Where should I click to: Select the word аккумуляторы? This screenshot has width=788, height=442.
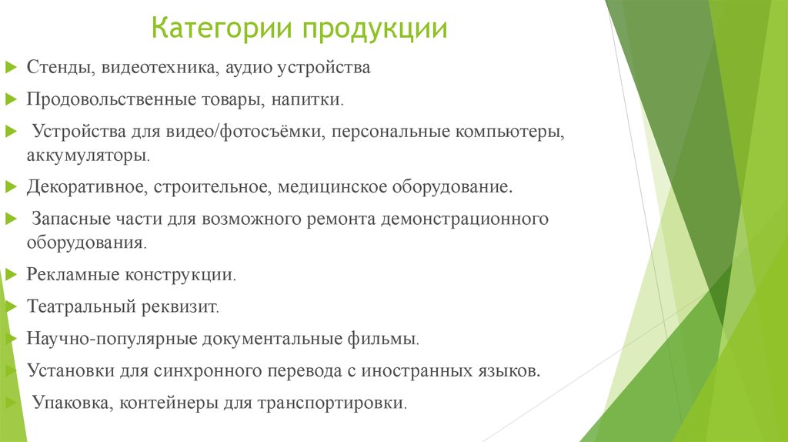click(87, 155)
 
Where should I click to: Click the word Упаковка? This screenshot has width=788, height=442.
click(68, 403)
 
